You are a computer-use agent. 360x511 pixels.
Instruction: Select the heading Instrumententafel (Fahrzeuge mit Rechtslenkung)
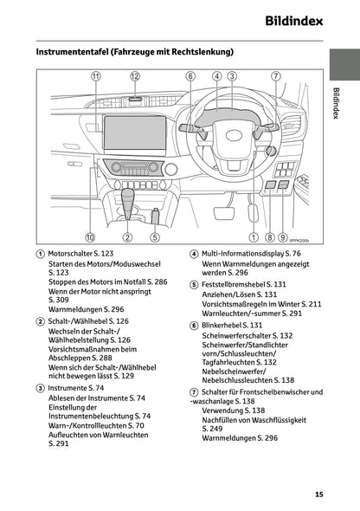(x=134, y=52)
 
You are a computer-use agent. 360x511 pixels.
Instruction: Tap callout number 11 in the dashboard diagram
(x=95, y=76)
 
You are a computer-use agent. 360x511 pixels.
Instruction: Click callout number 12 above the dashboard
(x=135, y=76)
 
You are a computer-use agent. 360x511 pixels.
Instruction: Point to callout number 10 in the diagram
(x=89, y=236)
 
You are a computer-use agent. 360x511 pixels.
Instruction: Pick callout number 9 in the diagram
(x=282, y=236)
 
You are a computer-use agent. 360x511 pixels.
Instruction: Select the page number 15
(x=318, y=495)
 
